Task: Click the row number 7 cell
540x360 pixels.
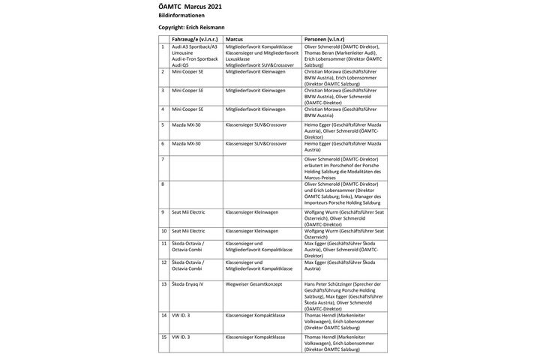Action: [x=163, y=160]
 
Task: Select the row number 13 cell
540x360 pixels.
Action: [x=164, y=286]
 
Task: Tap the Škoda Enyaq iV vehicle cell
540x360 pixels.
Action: [x=191, y=286]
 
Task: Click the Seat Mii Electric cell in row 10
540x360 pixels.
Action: [x=193, y=231]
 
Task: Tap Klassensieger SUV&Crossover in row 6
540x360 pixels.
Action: [x=256, y=143]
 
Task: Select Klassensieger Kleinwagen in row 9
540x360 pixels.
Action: [x=251, y=213]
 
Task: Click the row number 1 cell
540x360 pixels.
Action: [x=163, y=46]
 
